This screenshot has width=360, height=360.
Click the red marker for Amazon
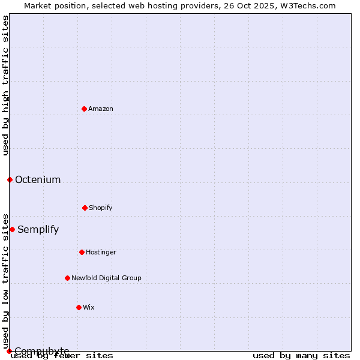85,109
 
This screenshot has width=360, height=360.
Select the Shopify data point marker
85,208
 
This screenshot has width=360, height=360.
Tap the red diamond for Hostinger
82,252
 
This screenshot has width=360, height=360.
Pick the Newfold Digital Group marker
67,278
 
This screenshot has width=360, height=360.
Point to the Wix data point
79,307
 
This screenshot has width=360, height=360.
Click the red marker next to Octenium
10,179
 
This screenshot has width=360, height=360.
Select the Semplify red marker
12,229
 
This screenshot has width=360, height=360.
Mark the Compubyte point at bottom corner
9,351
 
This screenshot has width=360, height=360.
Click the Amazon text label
101,109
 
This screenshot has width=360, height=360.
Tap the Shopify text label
101,208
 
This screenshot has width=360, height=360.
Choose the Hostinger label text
101,252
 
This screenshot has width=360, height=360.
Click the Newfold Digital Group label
106,278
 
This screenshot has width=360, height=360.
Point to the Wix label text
89,307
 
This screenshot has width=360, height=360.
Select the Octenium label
38,179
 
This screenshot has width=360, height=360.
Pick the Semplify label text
38,229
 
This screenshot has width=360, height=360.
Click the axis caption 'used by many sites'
301,355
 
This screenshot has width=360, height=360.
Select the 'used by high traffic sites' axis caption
5,85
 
